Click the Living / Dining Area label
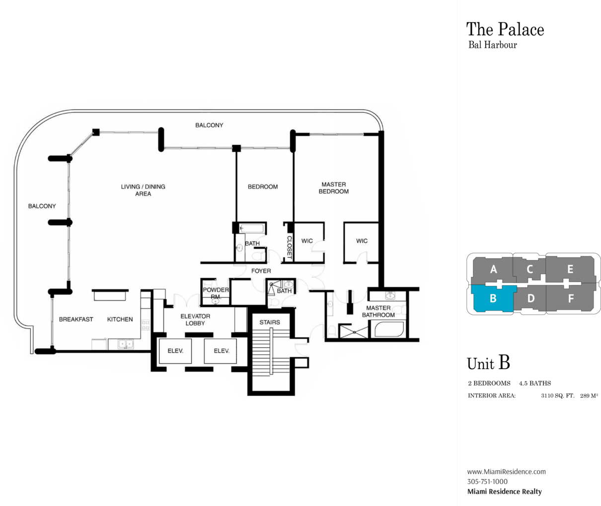(143, 190)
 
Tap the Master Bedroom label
(334, 188)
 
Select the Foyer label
(261, 271)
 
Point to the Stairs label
(270, 322)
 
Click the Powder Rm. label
(216, 293)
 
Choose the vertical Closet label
(290, 247)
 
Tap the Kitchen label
(120, 319)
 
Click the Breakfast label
(76, 319)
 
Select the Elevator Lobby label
(195, 319)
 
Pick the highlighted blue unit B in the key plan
(493, 299)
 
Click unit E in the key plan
(570, 269)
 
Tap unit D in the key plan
(531, 299)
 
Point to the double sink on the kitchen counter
(126, 344)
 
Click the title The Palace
(505, 29)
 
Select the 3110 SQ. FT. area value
(557, 395)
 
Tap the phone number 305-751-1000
(487, 481)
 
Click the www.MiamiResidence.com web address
(507, 471)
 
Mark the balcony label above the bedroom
(209, 125)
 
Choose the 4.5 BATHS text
(535, 383)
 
